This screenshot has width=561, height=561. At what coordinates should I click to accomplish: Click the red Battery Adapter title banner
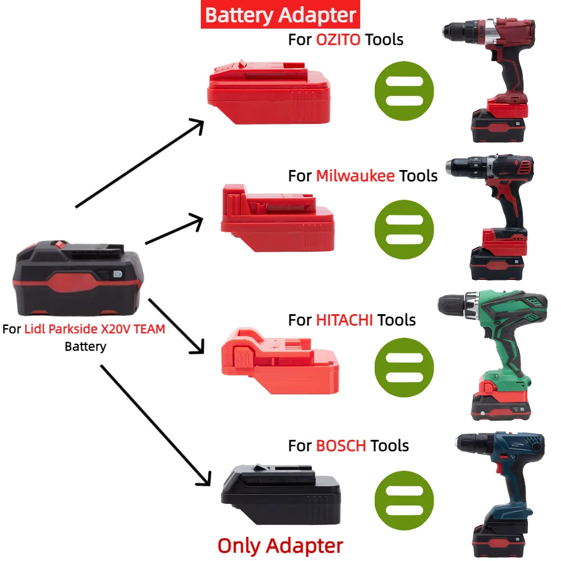(280, 15)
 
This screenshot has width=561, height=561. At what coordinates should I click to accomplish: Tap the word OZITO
(338, 39)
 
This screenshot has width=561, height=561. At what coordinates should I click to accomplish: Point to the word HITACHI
(344, 320)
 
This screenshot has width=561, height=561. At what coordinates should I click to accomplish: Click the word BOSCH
(341, 446)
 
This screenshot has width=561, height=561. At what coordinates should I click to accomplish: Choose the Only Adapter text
(280, 545)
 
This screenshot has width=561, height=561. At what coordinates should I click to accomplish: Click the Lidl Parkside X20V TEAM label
(95, 329)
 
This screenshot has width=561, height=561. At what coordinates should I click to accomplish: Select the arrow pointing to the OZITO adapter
(140, 163)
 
